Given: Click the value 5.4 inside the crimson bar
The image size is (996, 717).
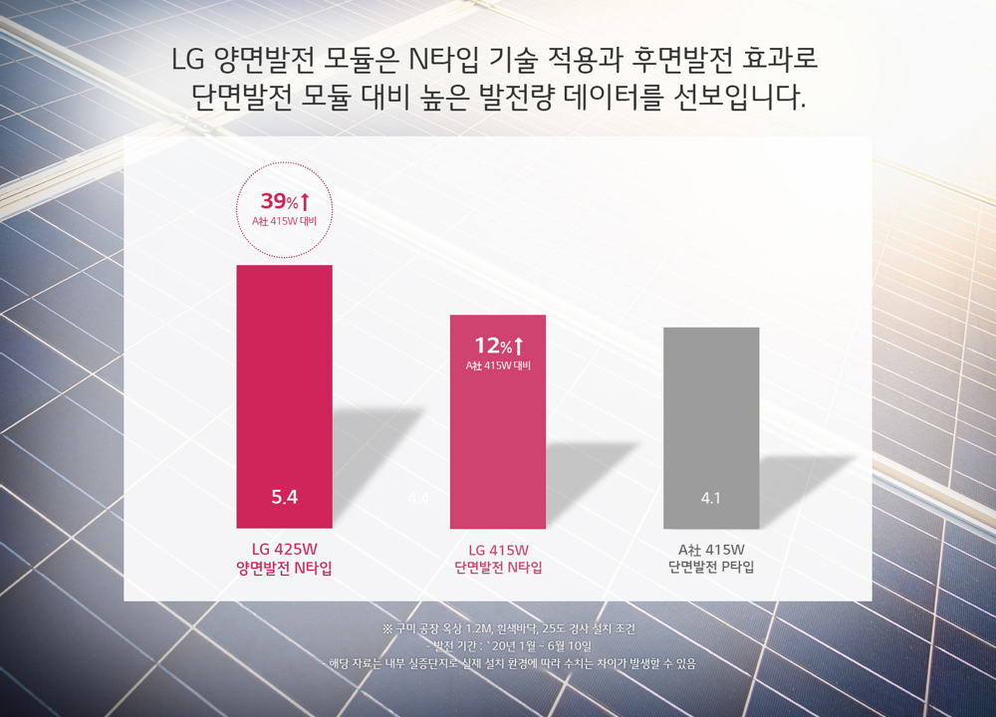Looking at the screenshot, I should click(285, 497).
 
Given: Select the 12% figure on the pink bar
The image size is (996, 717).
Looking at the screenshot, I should click(492, 346).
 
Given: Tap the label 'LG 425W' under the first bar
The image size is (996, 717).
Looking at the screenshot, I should click(284, 549).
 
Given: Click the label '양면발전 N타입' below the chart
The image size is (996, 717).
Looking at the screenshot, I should click(284, 568).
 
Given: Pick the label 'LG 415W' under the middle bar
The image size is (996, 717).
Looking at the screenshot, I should click(498, 549).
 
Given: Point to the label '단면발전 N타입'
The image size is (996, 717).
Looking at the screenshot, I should click(498, 568).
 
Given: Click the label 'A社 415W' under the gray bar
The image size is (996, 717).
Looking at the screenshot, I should click(711, 549).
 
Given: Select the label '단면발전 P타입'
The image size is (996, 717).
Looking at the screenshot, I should click(711, 568).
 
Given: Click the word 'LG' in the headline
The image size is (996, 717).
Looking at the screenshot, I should click(188, 60).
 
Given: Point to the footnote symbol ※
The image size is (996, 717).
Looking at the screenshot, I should click(387, 629).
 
